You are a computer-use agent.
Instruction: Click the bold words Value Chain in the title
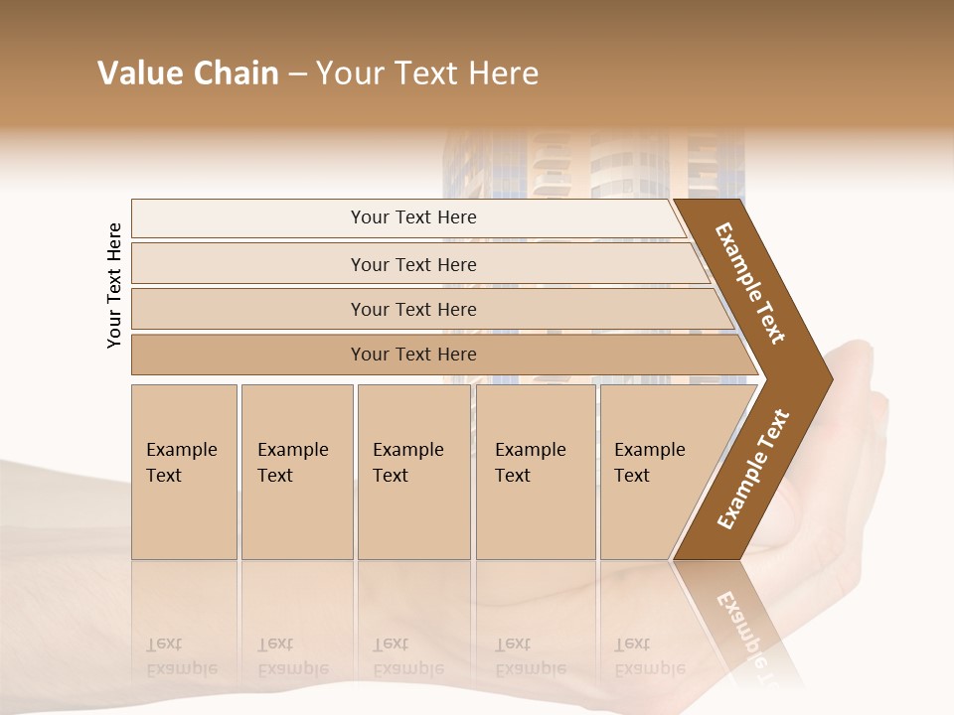(x=188, y=73)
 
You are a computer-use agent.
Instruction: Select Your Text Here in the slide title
(x=427, y=73)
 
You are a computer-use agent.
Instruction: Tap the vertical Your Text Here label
(x=114, y=285)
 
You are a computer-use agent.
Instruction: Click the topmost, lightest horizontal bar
(x=412, y=217)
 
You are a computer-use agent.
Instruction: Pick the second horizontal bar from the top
(x=413, y=264)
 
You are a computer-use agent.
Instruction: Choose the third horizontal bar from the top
(x=413, y=309)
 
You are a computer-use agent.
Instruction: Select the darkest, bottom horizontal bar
(x=413, y=355)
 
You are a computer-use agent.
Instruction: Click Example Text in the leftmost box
(x=181, y=463)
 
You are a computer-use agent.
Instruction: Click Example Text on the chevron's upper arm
(x=750, y=283)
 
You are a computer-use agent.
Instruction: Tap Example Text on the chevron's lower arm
(x=753, y=470)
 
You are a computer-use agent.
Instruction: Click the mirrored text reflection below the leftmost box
(x=181, y=656)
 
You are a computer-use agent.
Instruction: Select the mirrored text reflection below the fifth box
(x=649, y=656)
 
